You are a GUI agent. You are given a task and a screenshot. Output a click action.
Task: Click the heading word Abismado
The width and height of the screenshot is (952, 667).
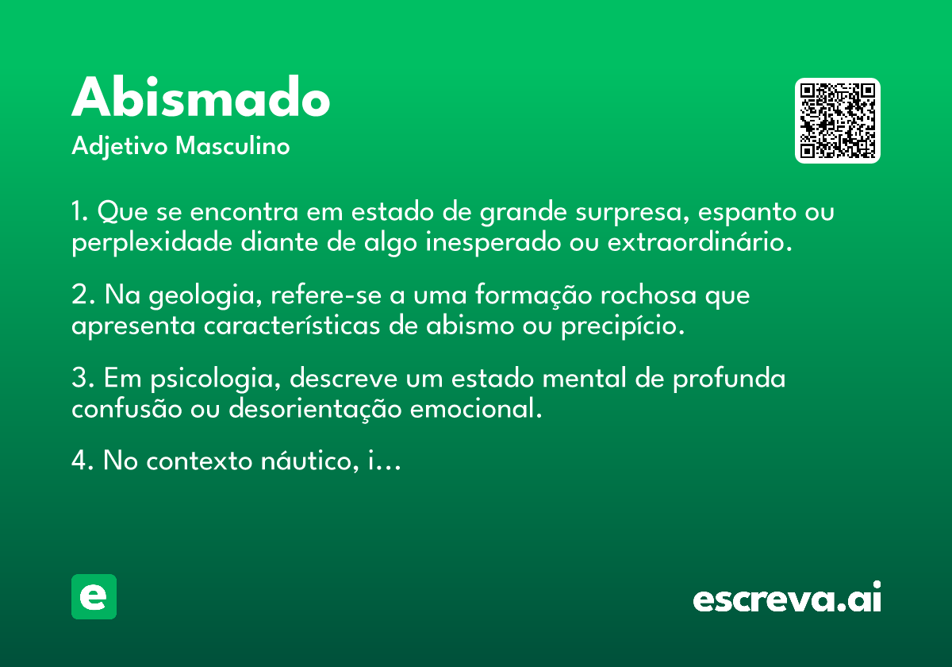click(x=201, y=98)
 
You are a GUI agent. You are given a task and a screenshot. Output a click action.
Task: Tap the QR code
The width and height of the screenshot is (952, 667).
click(x=837, y=121)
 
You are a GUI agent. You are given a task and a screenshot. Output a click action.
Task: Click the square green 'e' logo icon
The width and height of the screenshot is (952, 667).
click(x=94, y=596)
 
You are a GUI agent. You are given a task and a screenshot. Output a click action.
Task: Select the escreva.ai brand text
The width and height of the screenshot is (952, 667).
click(x=787, y=599)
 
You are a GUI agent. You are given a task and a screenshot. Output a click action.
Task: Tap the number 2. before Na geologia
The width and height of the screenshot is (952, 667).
click(x=82, y=295)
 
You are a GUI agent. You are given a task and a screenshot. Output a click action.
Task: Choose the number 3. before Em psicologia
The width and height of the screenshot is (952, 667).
click(x=82, y=379)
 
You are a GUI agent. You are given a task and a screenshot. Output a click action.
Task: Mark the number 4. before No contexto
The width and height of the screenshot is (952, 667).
click(x=82, y=461)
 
